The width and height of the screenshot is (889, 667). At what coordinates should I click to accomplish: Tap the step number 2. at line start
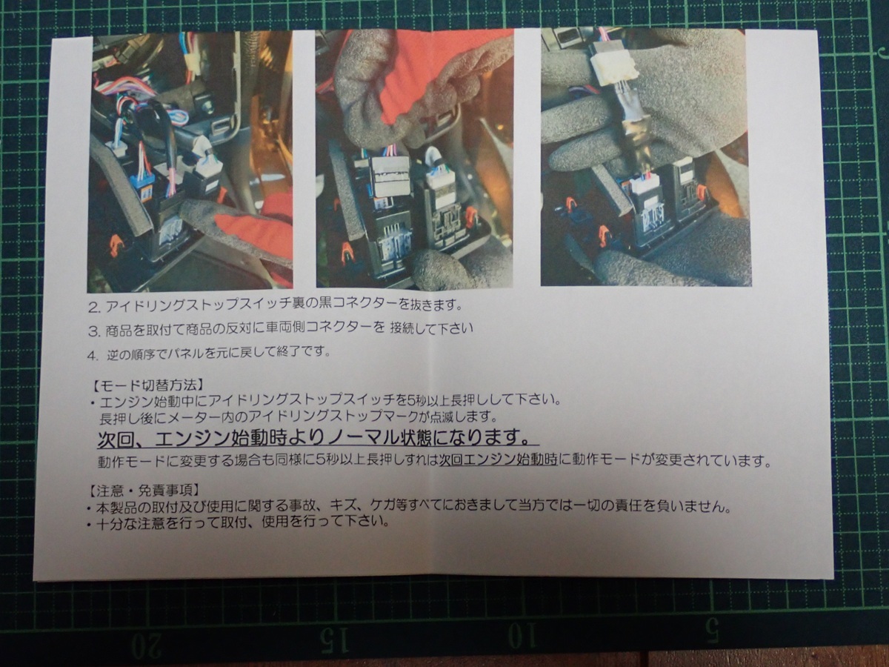[94, 305]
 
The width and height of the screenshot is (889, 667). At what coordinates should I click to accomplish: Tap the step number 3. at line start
[94, 328]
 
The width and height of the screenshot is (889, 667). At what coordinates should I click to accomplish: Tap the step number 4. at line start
[93, 354]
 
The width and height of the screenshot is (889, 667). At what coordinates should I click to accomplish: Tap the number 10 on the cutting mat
[523, 636]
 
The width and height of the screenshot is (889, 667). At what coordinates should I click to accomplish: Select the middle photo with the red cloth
[414, 159]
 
